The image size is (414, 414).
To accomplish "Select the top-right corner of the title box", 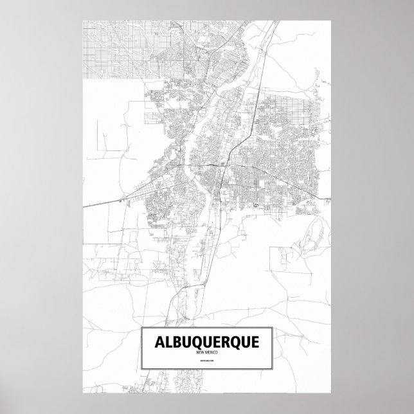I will click(x=273, y=328).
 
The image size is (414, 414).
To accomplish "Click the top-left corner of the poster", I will click(x=83, y=20).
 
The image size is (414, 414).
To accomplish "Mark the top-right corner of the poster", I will click(x=330, y=20).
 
